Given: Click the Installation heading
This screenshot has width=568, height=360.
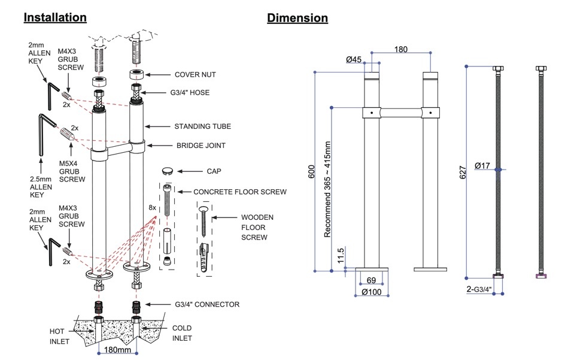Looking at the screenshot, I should pos(55,17).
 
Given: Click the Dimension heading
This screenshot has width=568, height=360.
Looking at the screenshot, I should pos(297,17).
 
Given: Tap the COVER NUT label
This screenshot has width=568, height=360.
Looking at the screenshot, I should pos(195,75).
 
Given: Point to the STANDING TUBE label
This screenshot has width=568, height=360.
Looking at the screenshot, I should pos(202,126).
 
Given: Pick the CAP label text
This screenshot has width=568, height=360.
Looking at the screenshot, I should pos(214,171).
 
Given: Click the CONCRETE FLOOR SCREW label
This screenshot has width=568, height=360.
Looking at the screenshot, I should pos(240,192).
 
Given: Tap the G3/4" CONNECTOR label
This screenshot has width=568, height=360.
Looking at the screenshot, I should pos(206,304).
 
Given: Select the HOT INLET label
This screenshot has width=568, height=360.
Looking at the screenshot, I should pos(59,336).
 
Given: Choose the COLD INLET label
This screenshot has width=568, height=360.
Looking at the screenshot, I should pos(182,333).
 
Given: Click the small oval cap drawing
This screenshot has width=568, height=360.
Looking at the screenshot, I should pos(169,170).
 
